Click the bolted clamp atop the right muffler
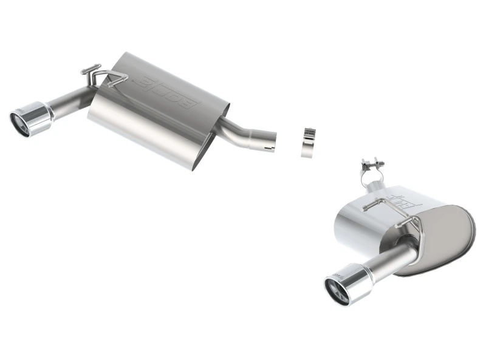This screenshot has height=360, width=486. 374,166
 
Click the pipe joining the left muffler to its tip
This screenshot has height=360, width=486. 70,103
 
